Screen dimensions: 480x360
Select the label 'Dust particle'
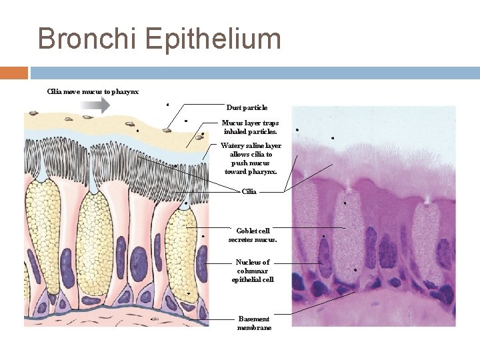tap(247, 107)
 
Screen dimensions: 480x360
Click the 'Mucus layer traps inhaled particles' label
tap(250, 127)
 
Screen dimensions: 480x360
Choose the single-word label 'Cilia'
tap(249, 192)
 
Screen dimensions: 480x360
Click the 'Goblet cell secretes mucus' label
tap(253, 235)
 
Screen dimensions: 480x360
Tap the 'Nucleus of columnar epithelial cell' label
tap(253, 271)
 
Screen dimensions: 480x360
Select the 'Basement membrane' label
tap(254, 323)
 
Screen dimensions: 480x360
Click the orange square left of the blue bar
tap(14, 73)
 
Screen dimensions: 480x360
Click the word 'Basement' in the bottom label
tap(254, 319)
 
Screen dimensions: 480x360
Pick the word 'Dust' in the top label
tap(234, 107)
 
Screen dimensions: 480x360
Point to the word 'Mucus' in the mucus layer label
tap(232, 123)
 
